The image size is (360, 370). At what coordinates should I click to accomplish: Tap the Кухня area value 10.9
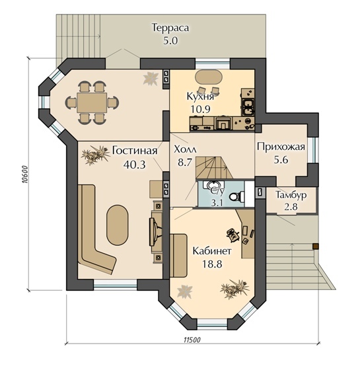coord(201,109)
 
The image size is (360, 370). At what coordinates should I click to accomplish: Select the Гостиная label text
coord(135,151)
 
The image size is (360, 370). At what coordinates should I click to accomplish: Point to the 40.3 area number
coord(135,165)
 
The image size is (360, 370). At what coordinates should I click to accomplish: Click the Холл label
coord(185,149)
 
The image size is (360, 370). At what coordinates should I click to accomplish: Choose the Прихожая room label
coord(281,147)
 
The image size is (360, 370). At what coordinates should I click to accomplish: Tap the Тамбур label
coord(291,195)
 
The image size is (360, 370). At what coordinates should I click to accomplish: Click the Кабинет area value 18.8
coord(212,264)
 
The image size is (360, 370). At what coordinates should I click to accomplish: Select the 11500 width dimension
coord(192,340)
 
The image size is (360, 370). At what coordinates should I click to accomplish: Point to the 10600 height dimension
coord(24,174)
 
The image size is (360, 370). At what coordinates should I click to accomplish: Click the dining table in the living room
coord(92,102)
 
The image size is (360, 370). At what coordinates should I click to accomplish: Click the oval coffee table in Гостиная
coord(118,225)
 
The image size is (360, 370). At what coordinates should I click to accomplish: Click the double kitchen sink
coord(248,108)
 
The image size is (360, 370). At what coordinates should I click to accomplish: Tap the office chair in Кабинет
coord(233,235)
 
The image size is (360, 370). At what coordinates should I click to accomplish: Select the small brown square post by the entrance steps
coord(316,246)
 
